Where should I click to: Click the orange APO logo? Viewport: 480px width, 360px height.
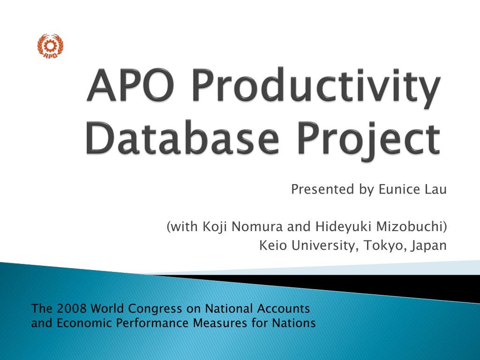point(50,46)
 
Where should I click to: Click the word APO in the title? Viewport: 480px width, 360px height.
point(131,85)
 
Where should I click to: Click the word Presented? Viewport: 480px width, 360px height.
point(322,189)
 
